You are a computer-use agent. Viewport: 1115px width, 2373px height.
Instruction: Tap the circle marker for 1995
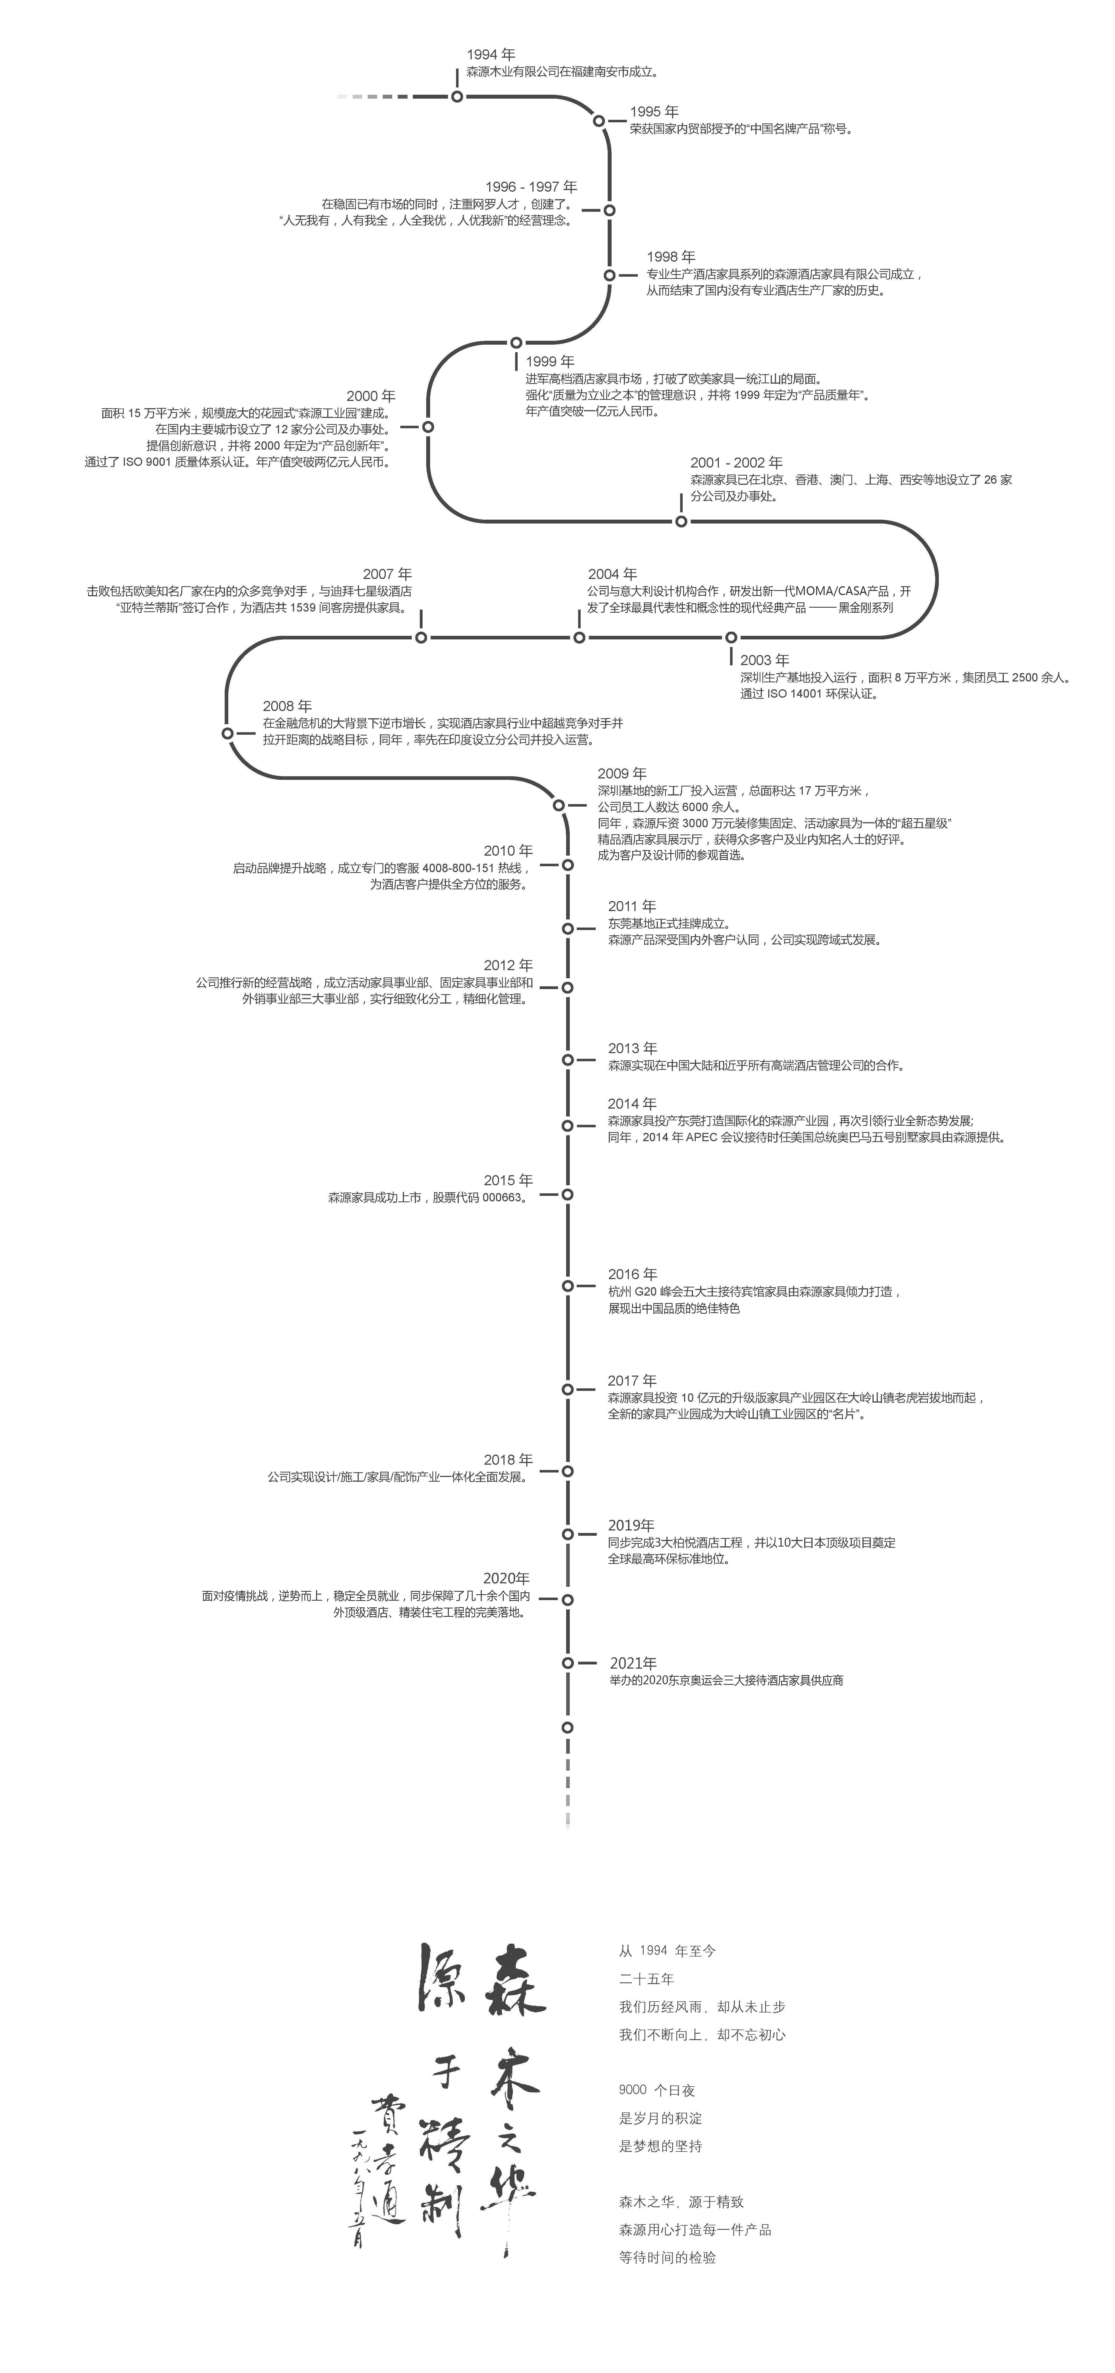click(x=599, y=121)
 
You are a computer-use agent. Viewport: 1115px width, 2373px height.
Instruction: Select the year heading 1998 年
click(x=671, y=257)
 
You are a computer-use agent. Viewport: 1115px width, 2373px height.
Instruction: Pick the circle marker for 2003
click(x=731, y=637)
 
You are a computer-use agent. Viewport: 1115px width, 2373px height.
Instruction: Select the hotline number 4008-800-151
click(x=458, y=868)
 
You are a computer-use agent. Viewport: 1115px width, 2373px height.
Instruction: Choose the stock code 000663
click(x=502, y=1198)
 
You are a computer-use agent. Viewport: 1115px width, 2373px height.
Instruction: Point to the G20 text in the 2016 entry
click(x=646, y=1291)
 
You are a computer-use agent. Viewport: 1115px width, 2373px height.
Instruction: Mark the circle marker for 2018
click(x=568, y=1471)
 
